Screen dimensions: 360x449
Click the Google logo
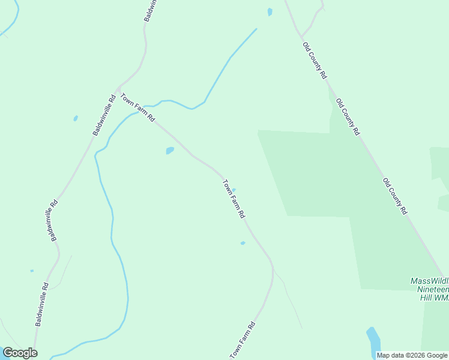[x=20, y=353]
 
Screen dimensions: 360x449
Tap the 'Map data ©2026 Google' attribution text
[x=412, y=355]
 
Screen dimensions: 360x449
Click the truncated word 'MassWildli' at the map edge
[x=429, y=281]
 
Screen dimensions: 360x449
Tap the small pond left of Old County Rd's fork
[x=270, y=11]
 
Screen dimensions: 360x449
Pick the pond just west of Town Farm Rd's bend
[x=170, y=151]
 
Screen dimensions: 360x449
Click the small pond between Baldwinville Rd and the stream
[x=76, y=118]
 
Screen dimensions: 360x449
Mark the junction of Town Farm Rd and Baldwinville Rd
[x=118, y=88]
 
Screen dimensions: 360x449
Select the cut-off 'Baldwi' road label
[x=151, y=11]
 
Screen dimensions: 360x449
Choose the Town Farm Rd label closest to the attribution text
[x=243, y=340]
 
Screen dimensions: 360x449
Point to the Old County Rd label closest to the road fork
[x=315, y=61]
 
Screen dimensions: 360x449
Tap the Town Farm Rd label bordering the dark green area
[x=234, y=199]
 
